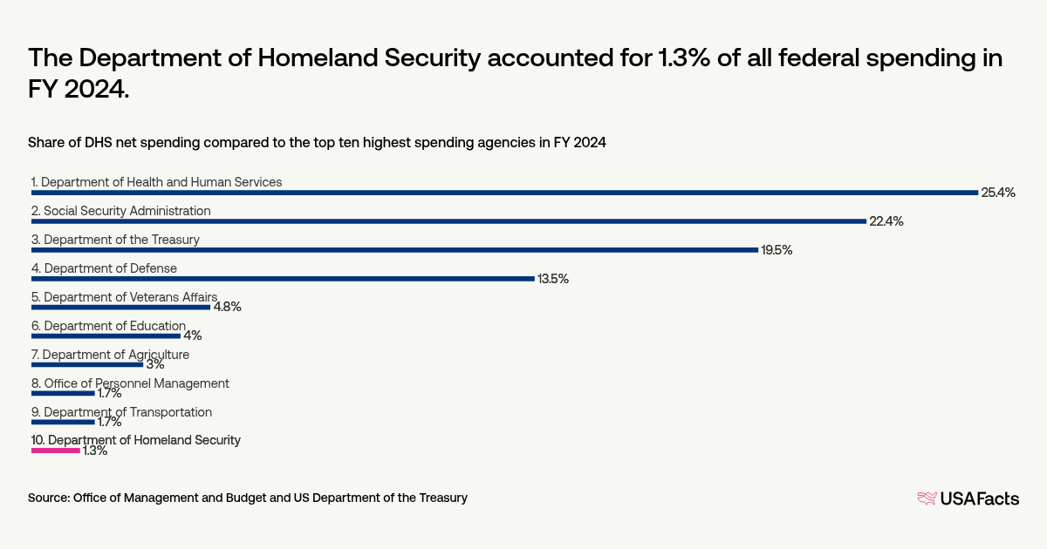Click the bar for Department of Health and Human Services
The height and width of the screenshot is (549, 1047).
(504, 193)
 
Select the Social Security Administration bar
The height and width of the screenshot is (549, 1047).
(448, 221)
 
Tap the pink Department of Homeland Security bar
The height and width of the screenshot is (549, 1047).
(56, 451)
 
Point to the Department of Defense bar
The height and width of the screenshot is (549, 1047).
(283, 279)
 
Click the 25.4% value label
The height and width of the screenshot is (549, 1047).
(998, 193)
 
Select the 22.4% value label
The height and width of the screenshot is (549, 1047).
(886, 221)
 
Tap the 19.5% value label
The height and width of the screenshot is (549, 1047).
(777, 250)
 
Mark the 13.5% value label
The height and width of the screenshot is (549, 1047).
(552, 279)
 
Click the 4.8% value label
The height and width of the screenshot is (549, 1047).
(227, 307)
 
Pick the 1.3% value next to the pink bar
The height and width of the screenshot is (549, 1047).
(94, 451)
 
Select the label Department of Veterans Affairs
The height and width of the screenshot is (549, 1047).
(124, 297)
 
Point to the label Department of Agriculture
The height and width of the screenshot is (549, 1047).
(110, 355)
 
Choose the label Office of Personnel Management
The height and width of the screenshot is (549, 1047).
(130, 383)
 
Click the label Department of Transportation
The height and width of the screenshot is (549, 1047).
(121, 412)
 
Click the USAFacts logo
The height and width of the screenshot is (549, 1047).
(968, 498)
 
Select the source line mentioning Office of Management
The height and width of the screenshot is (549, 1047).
(248, 498)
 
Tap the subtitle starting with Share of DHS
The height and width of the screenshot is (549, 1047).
(317, 142)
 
